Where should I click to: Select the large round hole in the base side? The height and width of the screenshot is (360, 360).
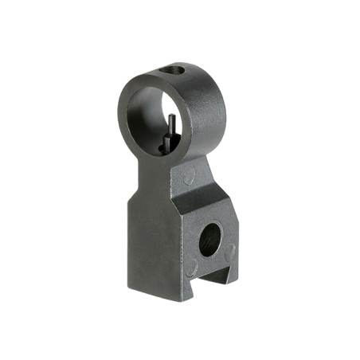[209, 239]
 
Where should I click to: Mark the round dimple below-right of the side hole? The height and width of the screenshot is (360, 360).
[231, 253]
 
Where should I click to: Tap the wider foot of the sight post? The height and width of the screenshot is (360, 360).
[164, 146]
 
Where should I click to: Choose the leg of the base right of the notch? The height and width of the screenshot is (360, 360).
[226, 275]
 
